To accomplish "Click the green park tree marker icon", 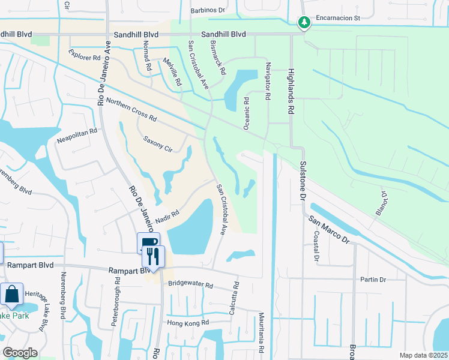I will [305, 23].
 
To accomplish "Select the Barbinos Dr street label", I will [207, 10].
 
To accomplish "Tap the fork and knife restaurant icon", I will [152, 256].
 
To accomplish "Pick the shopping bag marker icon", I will [11, 295].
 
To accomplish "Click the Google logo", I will [20, 352].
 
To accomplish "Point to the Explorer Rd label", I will [84, 56].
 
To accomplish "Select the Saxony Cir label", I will [157, 144].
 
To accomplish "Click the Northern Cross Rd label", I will [131, 110].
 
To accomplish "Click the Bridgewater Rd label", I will [190, 284].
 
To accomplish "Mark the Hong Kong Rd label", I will [188, 323].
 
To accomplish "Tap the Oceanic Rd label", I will [246, 113].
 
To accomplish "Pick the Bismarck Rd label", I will [219, 57].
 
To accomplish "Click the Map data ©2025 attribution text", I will [423, 355].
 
